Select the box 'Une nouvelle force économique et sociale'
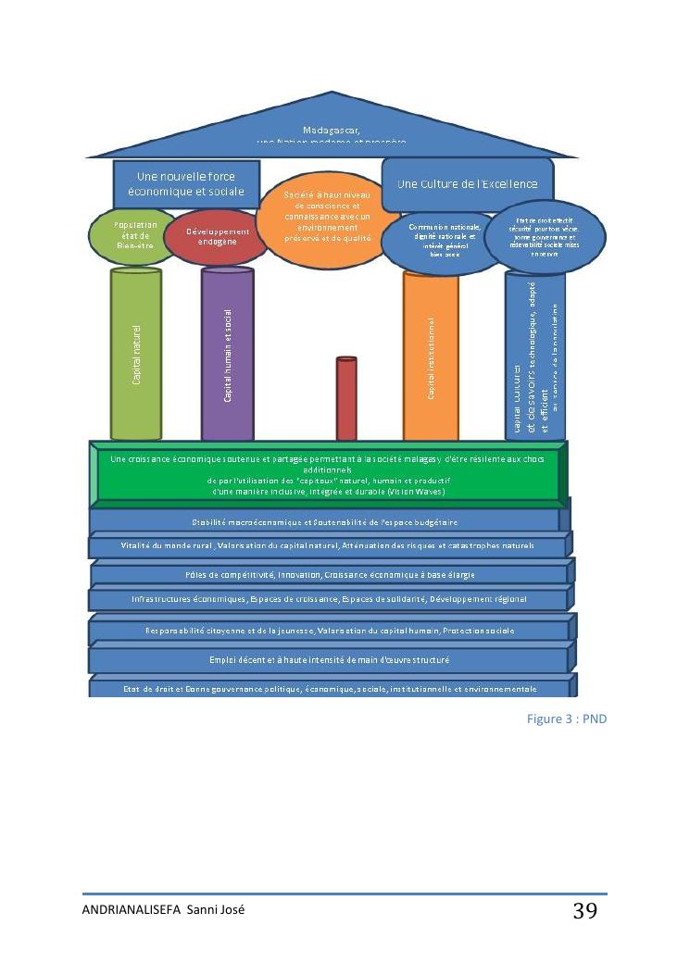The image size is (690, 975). pyautogui.click(x=186, y=183)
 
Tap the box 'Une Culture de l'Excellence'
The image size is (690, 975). pyautogui.click(x=468, y=184)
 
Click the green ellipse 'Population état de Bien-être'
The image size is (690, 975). pyautogui.click(x=135, y=236)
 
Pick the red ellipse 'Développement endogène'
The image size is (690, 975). pyautogui.click(x=218, y=236)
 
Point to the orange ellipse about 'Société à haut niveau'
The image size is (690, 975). pyautogui.click(x=327, y=222)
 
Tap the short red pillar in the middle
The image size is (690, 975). pyautogui.click(x=346, y=398)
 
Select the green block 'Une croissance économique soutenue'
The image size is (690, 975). pyautogui.click(x=328, y=474)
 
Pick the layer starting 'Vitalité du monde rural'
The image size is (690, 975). pyautogui.click(x=328, y=545)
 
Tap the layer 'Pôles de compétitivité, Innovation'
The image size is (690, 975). pyautogui.click(x=328, y=575)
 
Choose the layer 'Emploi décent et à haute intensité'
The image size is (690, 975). pyautogui.click(x=328, y=660)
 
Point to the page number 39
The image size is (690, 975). pyautogui.click(x=584, y=911)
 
